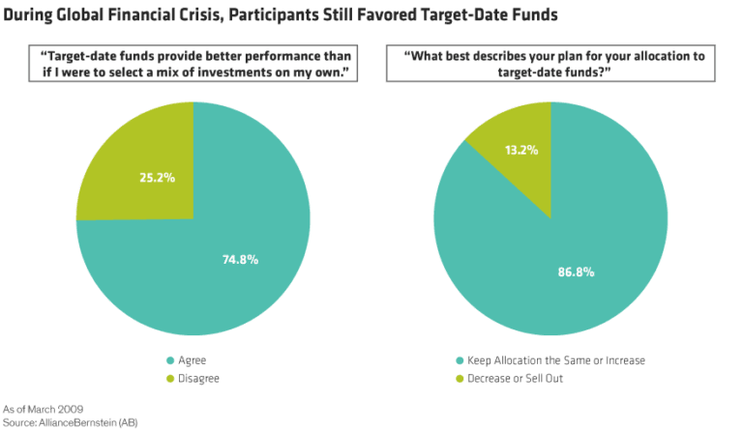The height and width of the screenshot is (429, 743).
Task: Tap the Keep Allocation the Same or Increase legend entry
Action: coord(555,359)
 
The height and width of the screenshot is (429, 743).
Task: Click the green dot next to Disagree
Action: coord(169,378)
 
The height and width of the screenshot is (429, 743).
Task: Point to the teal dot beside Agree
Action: coord(169,359)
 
